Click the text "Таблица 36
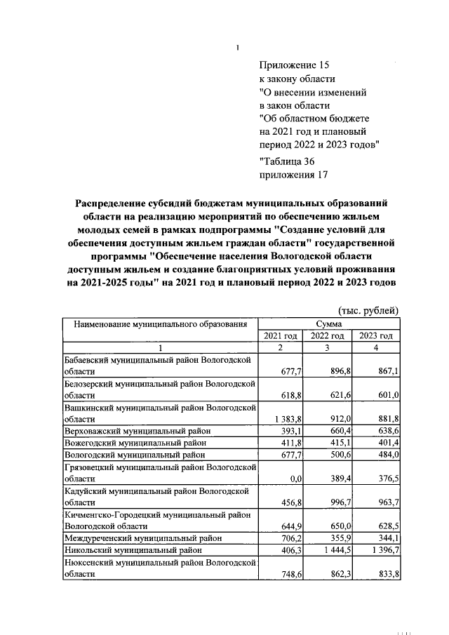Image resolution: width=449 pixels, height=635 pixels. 286,162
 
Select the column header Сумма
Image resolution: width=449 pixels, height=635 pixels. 328,324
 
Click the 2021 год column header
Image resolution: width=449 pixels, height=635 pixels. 280,336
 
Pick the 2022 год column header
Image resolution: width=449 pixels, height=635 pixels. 327,336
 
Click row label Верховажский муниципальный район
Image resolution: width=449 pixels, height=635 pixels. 138,430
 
